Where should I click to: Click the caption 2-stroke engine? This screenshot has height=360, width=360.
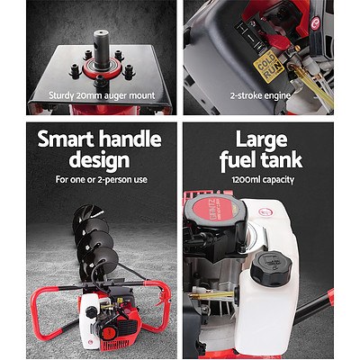tap(269, 95)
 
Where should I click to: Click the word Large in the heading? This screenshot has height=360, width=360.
tap(269, 141)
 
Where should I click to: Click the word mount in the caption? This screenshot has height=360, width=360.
tap(137, 95)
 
